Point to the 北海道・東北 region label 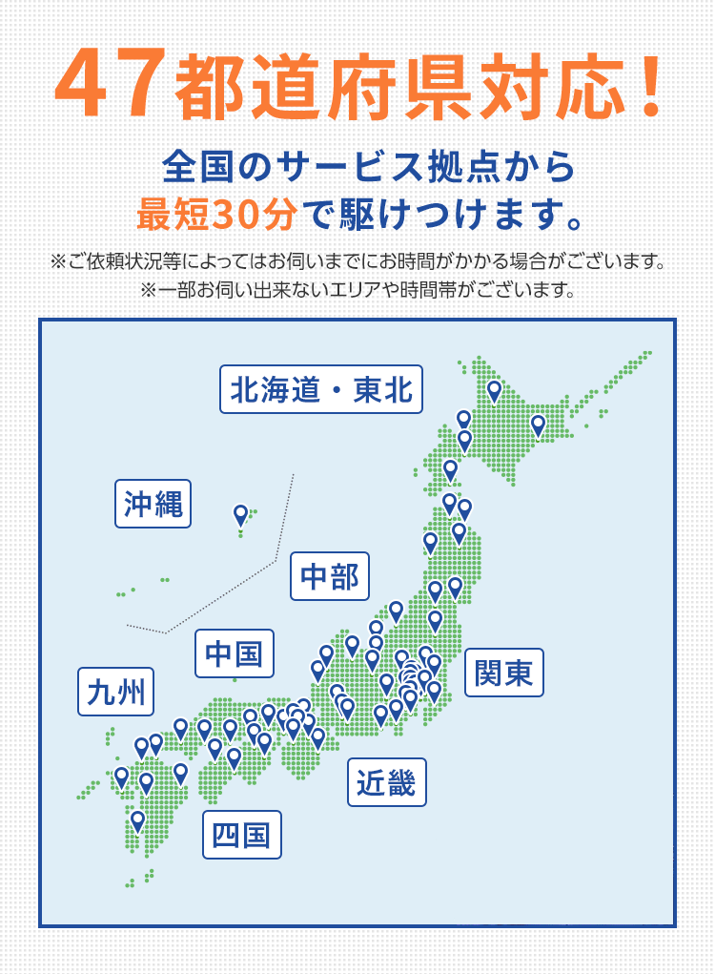[320, 389]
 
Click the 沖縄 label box [153, 503]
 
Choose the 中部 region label [329, 576]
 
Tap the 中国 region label [234, 653]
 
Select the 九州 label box [115, 692]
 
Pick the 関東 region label [503, 673]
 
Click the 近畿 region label [386, 782]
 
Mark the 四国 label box [241, 835]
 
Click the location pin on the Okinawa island [240, 515]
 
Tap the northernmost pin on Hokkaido [494, 390]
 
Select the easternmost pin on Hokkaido [538, 425]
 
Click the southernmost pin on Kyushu [137, 820]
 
